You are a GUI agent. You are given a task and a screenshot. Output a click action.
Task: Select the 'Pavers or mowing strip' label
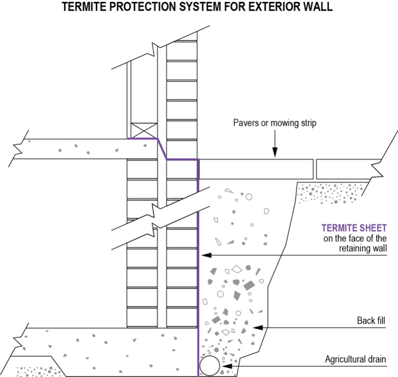tap(274, 123)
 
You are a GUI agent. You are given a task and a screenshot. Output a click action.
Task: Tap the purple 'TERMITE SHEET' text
tap(354, 228)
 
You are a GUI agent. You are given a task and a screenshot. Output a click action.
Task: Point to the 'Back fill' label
tap(372, 320)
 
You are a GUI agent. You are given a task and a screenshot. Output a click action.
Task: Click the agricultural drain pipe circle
tap(210, 366)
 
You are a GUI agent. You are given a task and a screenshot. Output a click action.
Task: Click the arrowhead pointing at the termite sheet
tap(203, 255)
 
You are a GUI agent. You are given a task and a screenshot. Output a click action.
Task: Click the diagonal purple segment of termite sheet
tap(162, 149)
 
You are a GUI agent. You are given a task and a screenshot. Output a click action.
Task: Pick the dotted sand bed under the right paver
tap(332, 192)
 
